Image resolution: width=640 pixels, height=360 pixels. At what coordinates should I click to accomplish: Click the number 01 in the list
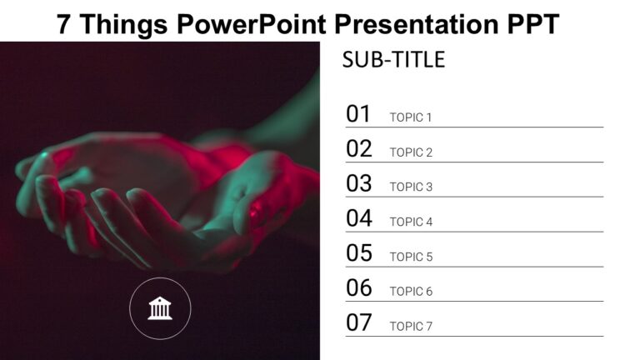coord(358,113)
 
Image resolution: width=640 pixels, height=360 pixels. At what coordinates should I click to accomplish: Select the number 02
coord(359,148)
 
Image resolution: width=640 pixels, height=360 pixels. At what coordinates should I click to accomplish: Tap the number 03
coord(359,183)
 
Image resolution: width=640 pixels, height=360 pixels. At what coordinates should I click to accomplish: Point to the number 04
coord(359,218)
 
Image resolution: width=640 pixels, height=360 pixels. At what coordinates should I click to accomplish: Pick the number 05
coord(359,253)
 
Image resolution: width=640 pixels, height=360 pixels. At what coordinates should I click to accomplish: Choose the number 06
coord(359,287)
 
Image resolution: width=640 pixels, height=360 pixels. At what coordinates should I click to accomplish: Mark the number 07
coord(359,322)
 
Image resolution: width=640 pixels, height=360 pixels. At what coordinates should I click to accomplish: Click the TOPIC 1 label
coord(411,117)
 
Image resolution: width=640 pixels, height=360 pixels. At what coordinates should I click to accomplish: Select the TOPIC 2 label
coord(411,152)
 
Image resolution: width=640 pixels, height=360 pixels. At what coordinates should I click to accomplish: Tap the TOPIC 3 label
coord(411,187)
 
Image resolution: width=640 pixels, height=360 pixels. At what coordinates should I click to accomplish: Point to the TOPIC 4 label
coord(411,222)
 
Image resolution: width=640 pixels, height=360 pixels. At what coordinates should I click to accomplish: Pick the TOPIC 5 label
coord(411,257)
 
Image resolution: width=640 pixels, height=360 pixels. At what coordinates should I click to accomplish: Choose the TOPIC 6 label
coord(411,292)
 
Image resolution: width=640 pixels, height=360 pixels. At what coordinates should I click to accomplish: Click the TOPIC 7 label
coord(411,327)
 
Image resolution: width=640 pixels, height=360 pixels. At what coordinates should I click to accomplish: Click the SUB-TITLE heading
coord(393,60)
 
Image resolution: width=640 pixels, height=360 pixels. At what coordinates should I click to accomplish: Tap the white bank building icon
coord(160,308)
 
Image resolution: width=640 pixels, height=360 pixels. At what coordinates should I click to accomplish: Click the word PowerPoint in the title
coord(252,23)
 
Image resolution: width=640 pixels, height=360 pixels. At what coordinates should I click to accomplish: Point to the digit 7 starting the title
coord(63,23)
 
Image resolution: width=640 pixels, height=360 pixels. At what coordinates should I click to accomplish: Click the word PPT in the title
coord(533,23)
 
